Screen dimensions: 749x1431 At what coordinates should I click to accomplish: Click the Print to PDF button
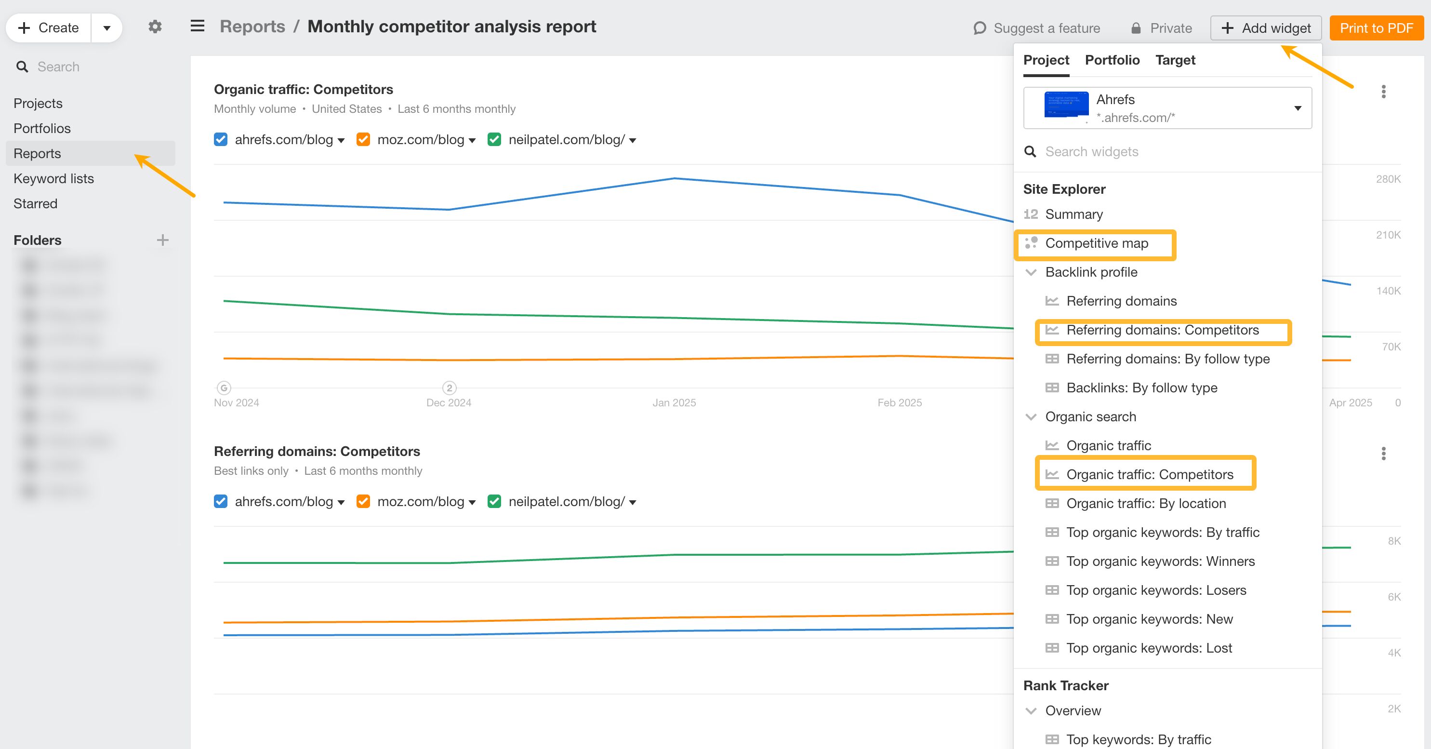click(x=1376, y=28)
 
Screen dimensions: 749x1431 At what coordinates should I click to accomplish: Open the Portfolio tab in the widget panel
click(x=1112, y=60)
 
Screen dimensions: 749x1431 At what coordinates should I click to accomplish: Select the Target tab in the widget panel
click(x=1175, y=60)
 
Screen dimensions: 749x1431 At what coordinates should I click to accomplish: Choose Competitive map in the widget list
click(x=1096, y=243)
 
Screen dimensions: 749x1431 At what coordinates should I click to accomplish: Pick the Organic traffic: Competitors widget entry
click(x=1149, y=475)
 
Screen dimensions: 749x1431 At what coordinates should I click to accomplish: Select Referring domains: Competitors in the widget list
click(x=1162, y=330)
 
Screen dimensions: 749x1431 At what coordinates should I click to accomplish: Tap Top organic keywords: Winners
click(x=1160, y=561)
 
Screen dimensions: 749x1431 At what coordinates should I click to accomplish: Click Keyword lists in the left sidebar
click(x=53, y=178)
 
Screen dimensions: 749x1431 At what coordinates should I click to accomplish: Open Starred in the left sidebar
click(x=35, y=203)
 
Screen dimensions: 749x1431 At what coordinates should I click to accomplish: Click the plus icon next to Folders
click(x=162, y=240)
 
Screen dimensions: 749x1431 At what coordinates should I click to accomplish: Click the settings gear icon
click(x=155, y=27)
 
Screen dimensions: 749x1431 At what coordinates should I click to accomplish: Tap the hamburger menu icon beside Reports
click(x=197, y=26)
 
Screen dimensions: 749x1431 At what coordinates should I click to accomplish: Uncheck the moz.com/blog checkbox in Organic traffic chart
click(x=363, y=139)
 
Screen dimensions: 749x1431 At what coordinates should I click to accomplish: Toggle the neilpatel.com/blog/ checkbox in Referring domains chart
click(x=494, y=501)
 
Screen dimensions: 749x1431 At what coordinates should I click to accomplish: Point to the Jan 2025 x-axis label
click(x=674, y=403)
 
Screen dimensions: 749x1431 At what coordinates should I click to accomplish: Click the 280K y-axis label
click(x=1388, y=179)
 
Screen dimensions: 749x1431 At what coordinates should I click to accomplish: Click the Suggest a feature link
click(x=1036, y=28)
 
